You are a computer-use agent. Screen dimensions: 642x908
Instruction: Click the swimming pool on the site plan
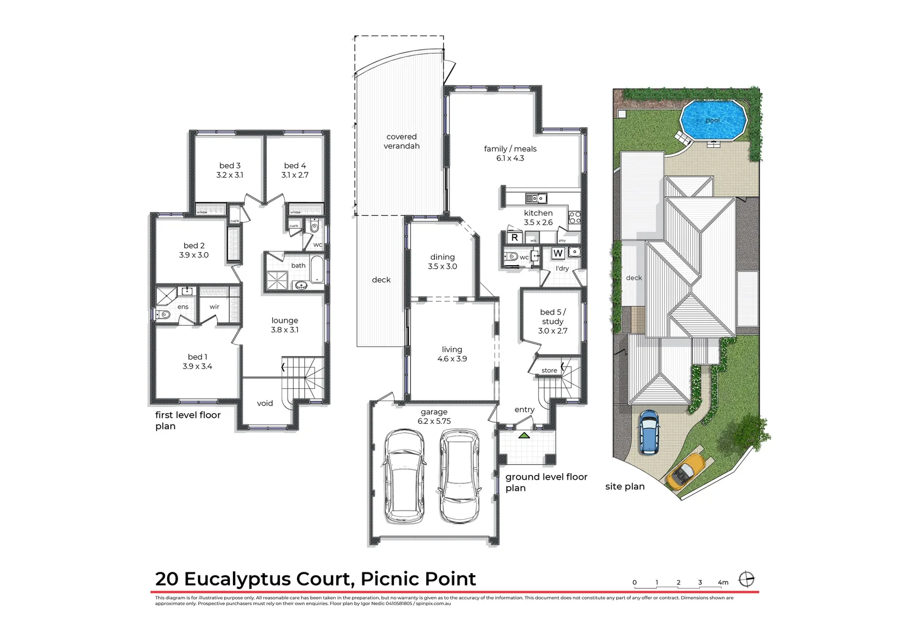(712, 121)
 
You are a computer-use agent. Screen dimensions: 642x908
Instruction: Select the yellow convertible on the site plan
(686, 471)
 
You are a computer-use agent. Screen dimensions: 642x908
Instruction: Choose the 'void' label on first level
(265, 404)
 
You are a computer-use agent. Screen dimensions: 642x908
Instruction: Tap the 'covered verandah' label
(402, 141)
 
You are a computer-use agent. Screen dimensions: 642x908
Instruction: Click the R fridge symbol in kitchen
(515, 238)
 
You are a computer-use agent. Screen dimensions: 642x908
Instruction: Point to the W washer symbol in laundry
(558, 254)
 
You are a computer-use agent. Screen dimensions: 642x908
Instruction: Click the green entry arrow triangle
(524, 436)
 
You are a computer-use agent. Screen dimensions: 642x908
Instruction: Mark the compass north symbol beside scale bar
(746, 579)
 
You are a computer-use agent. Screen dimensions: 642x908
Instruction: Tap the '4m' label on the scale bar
(723, 583)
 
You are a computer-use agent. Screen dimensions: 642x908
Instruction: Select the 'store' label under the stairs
(549, 371)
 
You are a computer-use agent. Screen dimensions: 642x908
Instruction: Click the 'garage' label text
(434, 412)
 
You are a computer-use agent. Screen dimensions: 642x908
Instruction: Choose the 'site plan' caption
(625, 487)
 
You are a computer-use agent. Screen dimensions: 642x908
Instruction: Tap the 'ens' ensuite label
(183, 307)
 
